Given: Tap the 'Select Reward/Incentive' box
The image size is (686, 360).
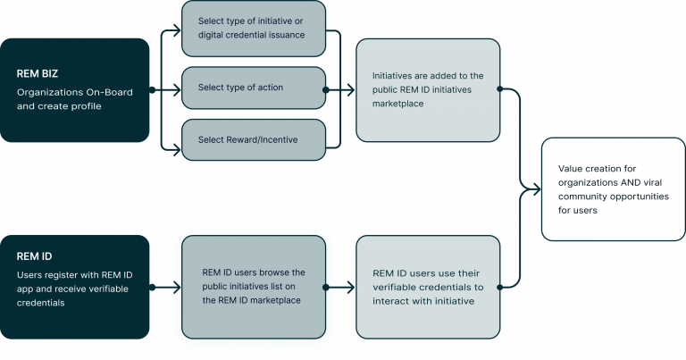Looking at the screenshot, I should point(254,139).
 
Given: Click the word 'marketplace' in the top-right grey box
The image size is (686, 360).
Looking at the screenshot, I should point(398,104).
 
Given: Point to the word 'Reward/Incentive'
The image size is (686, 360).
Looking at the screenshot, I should point(267,139).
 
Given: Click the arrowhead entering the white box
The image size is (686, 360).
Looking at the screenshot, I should point(539,188).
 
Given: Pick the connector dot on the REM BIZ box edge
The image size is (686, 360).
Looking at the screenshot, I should point(152,89).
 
